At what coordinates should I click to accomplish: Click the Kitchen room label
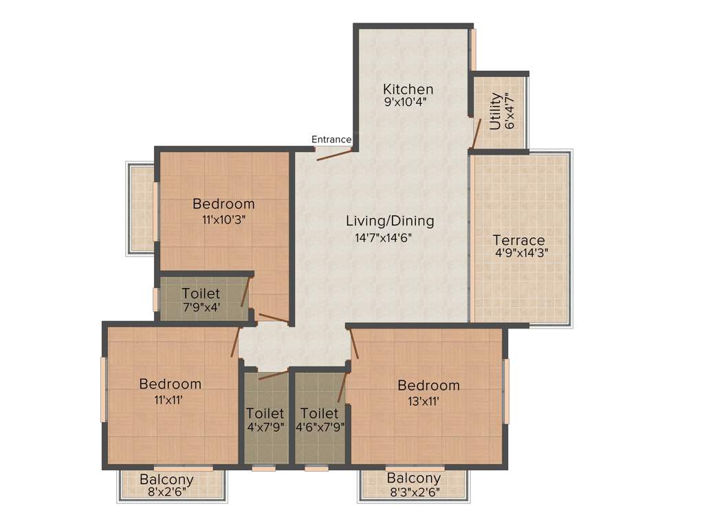[408, 89]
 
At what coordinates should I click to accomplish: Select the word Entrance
[331, 140]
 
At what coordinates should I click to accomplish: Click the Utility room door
[476, 133]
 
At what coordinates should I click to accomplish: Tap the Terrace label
[519, 241]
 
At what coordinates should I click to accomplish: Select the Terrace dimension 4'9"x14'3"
[520, 252]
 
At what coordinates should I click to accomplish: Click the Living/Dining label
[390, 221]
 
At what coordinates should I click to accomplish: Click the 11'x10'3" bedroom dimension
[223, 219]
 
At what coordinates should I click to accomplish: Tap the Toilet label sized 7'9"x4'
[201, 294]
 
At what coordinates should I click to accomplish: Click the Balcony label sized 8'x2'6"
[166, 479]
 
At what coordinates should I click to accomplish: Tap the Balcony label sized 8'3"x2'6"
[413, 478]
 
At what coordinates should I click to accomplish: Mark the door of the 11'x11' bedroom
[236, 341]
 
